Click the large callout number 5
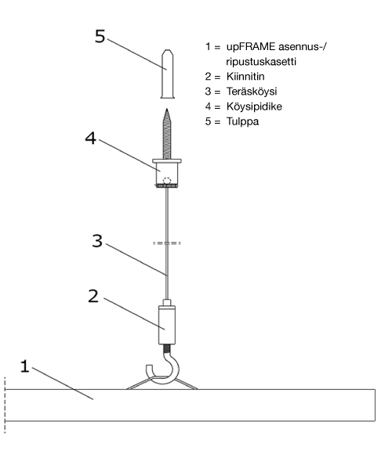tap(100, 37)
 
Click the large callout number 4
tap(90, 138)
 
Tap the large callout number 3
tap(97, 241)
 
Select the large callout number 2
tap(93, 296)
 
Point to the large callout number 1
tap(25, 366)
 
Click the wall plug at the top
tap(167, 74)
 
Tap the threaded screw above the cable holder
tap(167, 134)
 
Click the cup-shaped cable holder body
tap(167, 173)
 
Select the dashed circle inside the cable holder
tap(167, 180)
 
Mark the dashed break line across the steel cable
tap(167, 243)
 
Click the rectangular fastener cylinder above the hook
tap(167, 325)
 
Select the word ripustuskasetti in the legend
tap(261, 62)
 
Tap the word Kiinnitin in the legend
tap(245, 77)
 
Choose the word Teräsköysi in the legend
tap(252, 92)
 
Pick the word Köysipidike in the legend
tap(254, 106)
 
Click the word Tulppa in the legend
tap(242, 121)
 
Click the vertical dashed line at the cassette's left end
tap(5, 405)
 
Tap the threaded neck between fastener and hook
tap(167, 348)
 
